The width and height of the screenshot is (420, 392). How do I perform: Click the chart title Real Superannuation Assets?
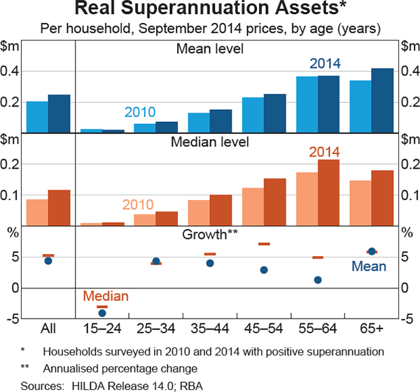pos(210,10)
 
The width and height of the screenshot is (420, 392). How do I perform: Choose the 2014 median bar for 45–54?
pos(274,202)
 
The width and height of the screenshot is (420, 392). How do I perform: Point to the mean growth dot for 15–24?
pos(102,313)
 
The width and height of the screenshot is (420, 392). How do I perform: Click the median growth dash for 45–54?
pos(264,244)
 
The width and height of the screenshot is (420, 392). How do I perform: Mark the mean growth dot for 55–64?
pos(318,280)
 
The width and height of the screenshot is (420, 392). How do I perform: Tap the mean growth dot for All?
pos(48,261)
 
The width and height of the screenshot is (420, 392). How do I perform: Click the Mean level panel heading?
pos(209,50)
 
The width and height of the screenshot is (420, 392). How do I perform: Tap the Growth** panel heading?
pos(210,233)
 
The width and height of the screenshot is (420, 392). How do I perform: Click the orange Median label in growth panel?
pos(102,297)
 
